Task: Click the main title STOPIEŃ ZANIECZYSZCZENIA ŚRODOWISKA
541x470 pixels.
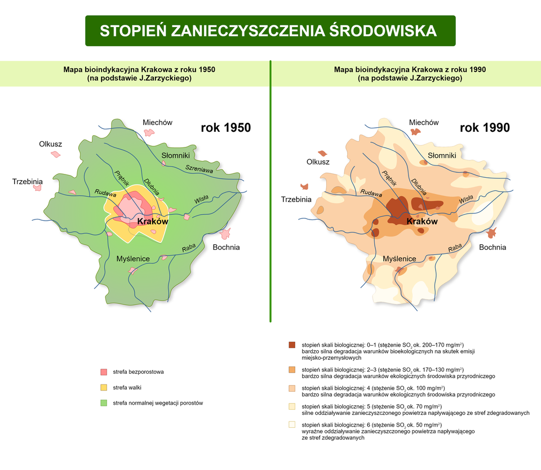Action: click(x=268, y=30)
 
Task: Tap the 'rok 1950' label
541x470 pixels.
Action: click(x=225, y=128)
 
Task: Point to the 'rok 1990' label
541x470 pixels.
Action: click(x=485, y=128)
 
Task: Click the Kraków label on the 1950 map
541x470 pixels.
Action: click(x=153, y=222)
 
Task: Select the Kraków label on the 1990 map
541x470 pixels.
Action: click(x=422, y=222)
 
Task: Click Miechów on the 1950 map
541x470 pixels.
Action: click(x=157, y=122)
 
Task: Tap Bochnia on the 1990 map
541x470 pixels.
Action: click(x=492, y=247)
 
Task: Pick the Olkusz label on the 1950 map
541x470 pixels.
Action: click(x=50, y=144)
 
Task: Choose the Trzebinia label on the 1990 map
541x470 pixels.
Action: click(x=296, y=199)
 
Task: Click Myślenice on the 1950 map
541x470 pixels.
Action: click(x=132, y=258)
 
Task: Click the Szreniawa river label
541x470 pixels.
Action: click(x=199, y=168)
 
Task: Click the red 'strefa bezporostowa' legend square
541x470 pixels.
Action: click(x=103, y=372)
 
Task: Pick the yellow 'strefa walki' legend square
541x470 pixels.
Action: click(x=103, y=387)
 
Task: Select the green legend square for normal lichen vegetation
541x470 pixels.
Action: click(x=103, y=402)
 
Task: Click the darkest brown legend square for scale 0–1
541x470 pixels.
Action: click(x=292, y=344)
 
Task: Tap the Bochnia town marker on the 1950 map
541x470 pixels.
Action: click(x=226, y=233)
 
